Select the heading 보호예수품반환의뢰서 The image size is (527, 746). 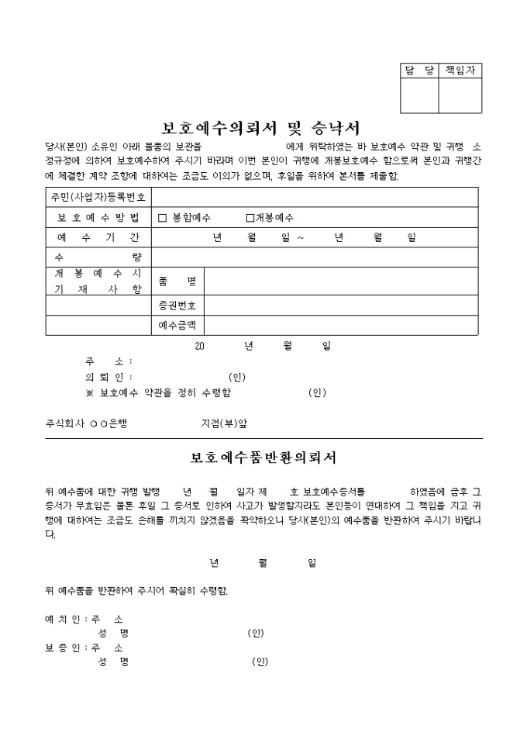263,458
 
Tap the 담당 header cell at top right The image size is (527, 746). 419,71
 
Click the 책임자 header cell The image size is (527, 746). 460,71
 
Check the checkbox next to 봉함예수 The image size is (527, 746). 163,218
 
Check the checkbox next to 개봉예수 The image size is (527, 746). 250,218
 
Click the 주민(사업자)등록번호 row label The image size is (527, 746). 98,198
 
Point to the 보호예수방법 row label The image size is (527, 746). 98,218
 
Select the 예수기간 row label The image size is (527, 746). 98,237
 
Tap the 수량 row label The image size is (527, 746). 98,257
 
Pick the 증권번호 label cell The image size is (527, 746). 177,305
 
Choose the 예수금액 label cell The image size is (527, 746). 177,325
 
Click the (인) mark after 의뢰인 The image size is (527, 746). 237,377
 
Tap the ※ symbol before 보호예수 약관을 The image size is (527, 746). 90,392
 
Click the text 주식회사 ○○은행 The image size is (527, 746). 86,423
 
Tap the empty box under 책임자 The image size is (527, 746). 460,95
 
